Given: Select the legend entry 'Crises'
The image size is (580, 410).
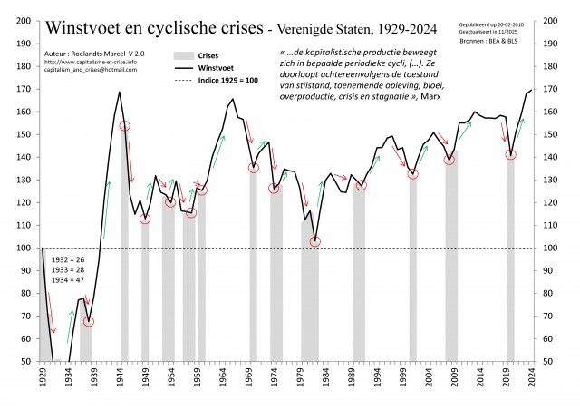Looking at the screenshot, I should tap(210, 55).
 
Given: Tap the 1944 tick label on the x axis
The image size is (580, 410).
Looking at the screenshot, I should tap(119, 377).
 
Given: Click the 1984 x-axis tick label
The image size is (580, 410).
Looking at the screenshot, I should tap(324, 377).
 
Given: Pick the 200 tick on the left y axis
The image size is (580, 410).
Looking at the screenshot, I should tap(24, 21).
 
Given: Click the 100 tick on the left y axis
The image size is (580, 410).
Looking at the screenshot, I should tap(24, 248).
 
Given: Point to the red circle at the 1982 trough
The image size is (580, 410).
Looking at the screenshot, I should tap(315, 241).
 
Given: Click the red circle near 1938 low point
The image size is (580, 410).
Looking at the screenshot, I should tap(89, 321).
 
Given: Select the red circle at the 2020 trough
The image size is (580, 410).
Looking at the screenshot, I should tap(510, 154).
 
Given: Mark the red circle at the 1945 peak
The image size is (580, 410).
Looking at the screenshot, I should tap(124, 126).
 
